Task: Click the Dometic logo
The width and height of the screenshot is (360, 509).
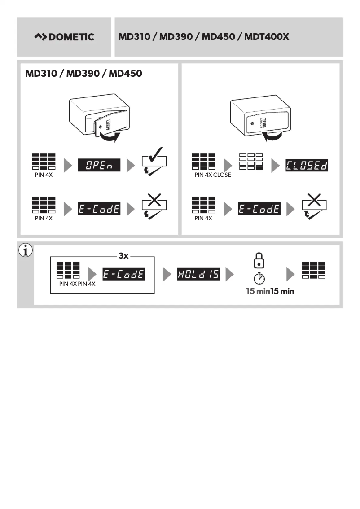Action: [64, 37]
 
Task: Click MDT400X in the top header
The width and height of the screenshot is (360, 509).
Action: [267, 37]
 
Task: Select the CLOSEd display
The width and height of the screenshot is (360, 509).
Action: [306, 166]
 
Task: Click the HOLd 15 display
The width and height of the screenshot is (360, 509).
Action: [198, 273]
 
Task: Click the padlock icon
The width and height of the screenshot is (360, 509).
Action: [259, 260]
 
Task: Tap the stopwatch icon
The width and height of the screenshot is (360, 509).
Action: [259, 277]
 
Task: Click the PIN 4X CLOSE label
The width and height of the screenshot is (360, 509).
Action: [213, 175]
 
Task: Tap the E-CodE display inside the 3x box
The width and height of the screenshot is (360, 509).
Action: [123, 273]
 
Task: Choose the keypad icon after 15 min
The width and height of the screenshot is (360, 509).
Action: [314, 270]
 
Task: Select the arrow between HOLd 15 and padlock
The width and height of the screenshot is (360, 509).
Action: [230, 273]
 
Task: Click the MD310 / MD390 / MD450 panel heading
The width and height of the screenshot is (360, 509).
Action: [84, 73]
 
